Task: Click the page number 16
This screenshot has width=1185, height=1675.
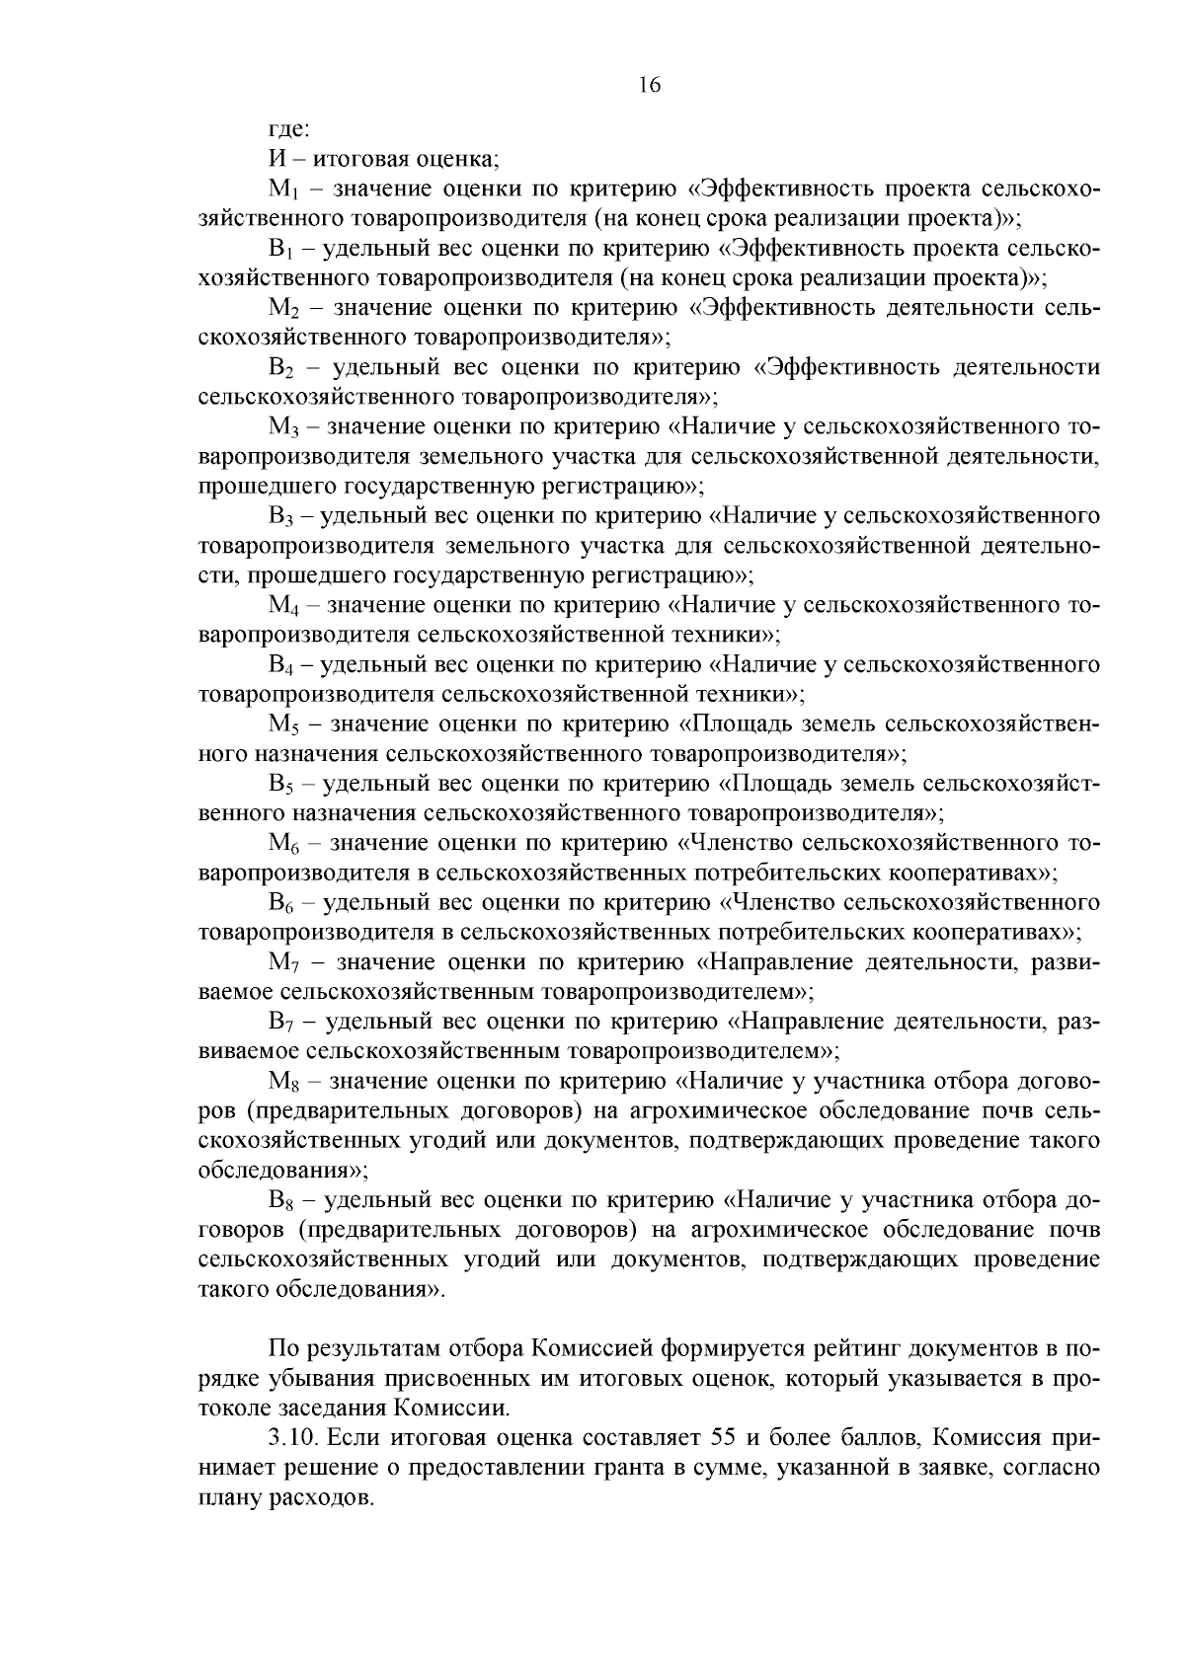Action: pos(649,85)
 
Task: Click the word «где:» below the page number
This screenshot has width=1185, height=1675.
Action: pos(290,129)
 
